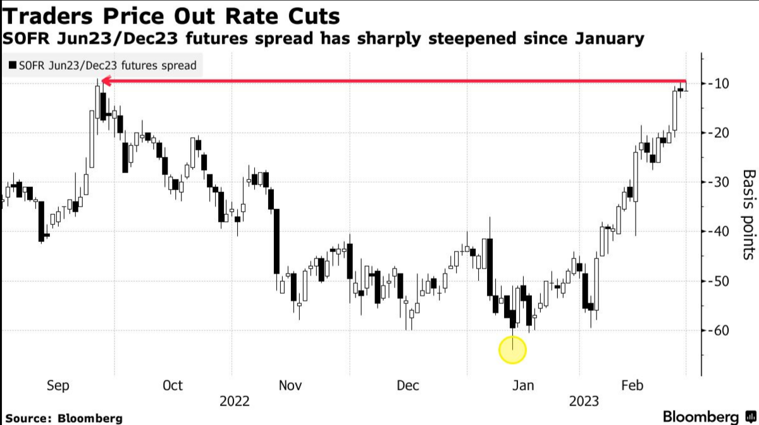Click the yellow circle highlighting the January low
[x=512, y=349]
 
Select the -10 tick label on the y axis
[x=717, y=84]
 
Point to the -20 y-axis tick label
[x=717, y=133]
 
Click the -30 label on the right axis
[x=717, y=182]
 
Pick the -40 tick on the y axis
[x=717, y=232]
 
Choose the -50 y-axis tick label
[x=717, y=281]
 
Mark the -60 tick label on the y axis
[x=717, y=331]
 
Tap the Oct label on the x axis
[x=172, y=386]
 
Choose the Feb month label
[x=633, y=386]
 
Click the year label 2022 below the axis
[x=234, y=402]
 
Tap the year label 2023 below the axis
[x=585, y=402]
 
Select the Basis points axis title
[x=748, y=214]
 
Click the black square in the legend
[x=12, y=65]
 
